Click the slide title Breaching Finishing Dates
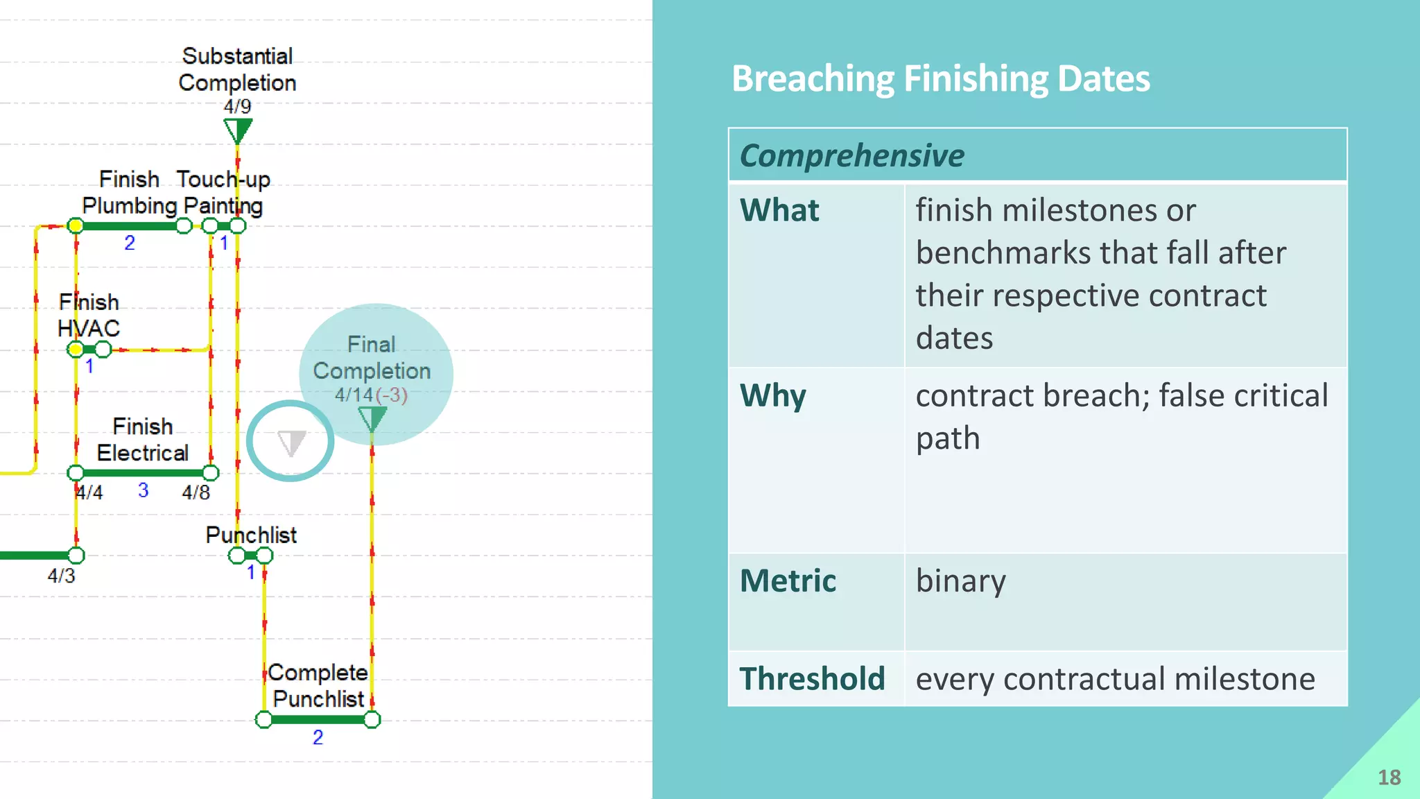tap(940, 79)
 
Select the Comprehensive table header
tap(851, 155)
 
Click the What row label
tap(779, 210)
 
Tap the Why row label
tap(772, 396)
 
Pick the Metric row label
tap(788, 581)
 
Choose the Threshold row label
tap(812, 679)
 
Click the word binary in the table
tap(960, 581)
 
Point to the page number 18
tap(1389, 777)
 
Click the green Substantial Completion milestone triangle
tap(238, 130)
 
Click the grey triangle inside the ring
tap(291, 443)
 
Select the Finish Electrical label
tap(143, 440)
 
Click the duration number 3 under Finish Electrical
tap(143, 490)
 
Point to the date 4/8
tap(196, 492)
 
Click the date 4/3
tap(61, 576)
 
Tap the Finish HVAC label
tap(89, 316)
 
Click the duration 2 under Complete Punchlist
tap(318, 737)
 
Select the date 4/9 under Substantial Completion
tap(237, 107)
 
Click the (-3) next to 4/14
tap(392, 395)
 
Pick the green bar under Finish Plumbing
tap(129, 226)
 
